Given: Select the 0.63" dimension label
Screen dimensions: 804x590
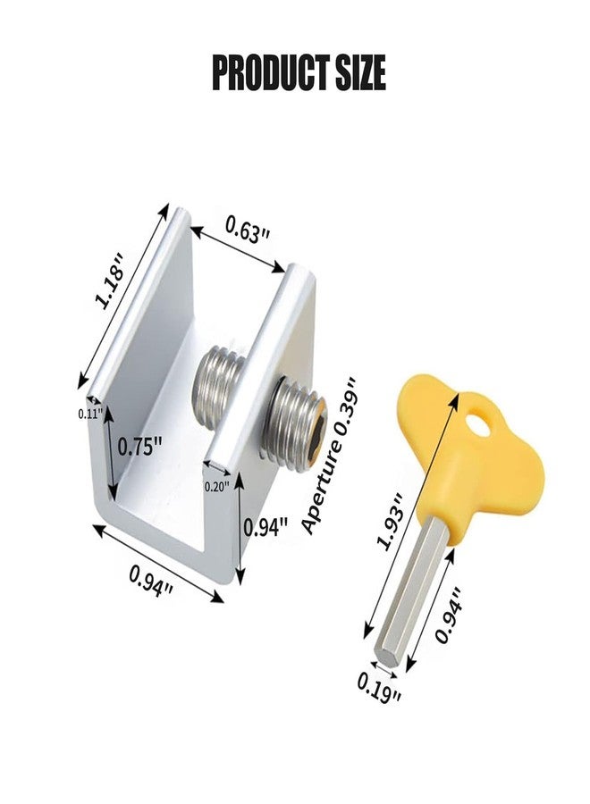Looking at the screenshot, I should tap(247, 234).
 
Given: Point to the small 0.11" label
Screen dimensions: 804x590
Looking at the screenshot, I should tap(89, 414).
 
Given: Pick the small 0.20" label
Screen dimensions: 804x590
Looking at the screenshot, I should tap(217, 486).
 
